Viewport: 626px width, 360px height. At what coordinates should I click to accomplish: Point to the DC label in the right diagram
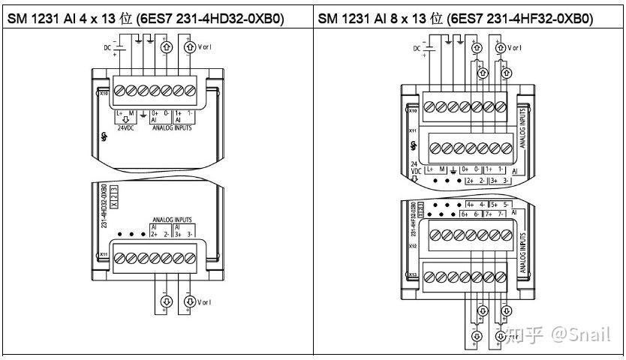(417, 49)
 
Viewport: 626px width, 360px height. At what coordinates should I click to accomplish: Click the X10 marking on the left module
(103, 94)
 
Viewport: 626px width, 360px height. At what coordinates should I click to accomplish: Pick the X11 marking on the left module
(103, 255)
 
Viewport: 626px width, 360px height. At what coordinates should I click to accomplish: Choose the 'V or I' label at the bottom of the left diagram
(205, 302)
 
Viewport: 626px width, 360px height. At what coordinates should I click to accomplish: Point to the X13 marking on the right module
(412, 274)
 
